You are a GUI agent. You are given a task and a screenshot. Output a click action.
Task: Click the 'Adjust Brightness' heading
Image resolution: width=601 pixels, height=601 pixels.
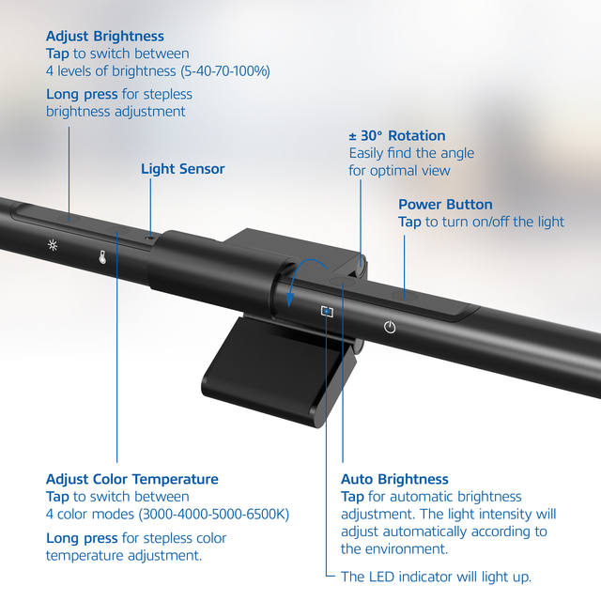[x=105, y=37]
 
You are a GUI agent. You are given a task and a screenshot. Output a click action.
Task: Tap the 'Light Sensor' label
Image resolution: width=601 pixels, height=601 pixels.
[x=183, y=169]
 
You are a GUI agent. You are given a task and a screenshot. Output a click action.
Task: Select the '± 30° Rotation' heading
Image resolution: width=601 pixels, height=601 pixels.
[x=397, y=135]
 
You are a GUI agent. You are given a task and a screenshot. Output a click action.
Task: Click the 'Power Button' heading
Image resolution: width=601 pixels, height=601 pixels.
[x=445, y=204]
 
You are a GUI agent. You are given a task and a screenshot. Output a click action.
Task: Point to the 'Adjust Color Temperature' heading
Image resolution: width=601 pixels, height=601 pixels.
[x=131, y=479]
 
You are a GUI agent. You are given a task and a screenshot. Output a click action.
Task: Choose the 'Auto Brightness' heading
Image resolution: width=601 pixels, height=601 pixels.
[x=394, y=479]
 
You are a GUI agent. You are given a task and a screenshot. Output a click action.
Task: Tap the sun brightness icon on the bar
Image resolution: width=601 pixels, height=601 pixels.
[x=54, y=245]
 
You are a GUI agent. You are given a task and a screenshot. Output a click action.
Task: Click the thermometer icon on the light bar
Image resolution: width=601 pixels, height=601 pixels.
[x=102, y=255]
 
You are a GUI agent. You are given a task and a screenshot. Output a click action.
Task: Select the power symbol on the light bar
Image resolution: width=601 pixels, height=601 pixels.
[x=391, y=327]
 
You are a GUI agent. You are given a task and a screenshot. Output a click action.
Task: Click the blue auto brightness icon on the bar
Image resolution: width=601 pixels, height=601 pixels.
[x=326, y=311]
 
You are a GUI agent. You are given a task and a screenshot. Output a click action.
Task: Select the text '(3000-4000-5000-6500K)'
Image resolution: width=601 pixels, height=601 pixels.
[x=213, y=514]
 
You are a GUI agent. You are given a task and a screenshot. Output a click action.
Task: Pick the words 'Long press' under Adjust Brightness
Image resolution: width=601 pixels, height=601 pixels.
[x=82, y=94]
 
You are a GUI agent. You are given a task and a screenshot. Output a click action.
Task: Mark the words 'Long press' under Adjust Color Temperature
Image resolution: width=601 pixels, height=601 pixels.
[x=82, y=538]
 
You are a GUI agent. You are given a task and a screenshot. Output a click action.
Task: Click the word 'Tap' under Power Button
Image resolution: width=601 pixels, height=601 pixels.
[x=409, y=222]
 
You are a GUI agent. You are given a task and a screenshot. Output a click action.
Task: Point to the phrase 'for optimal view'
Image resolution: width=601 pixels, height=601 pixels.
[x=399, y=170]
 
